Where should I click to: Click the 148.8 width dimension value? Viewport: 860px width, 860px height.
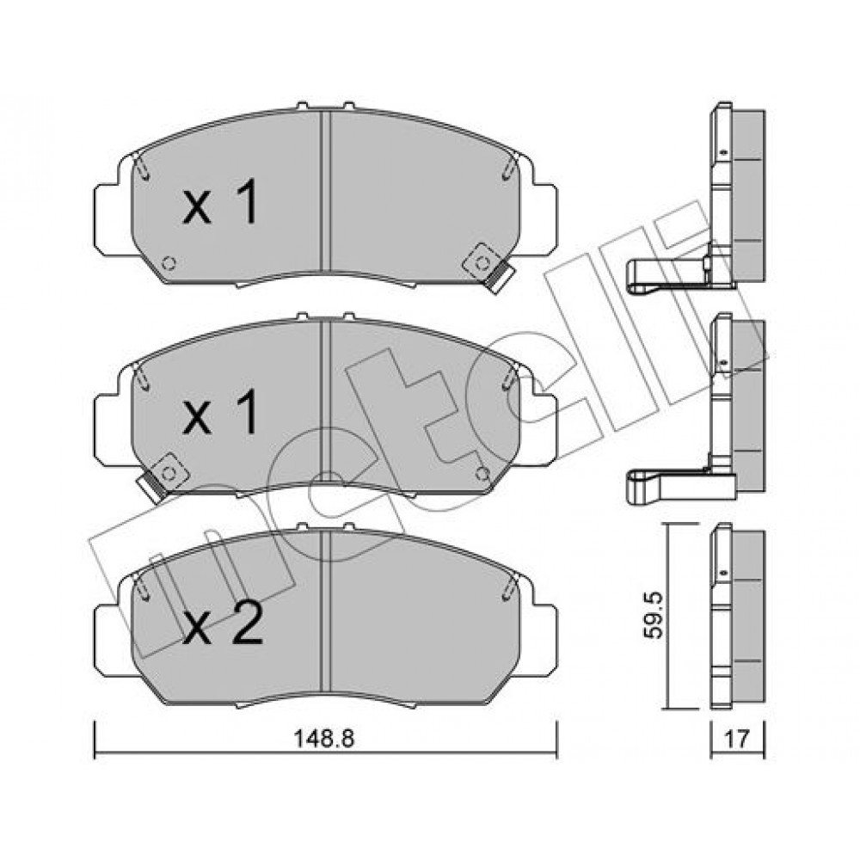[325, 739]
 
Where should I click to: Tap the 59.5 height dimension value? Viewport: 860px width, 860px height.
[654, 615]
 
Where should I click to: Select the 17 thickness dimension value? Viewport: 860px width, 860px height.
[737, 740]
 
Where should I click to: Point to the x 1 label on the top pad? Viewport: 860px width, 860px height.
[219, 203]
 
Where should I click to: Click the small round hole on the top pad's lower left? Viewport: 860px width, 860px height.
[169, 263]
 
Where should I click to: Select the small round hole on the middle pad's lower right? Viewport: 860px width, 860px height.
[482, 471]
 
